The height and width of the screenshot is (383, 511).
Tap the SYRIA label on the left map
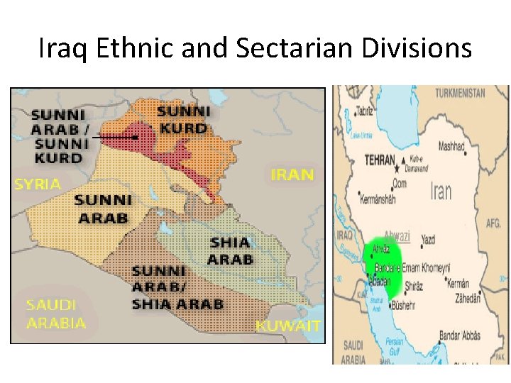click(38, 184)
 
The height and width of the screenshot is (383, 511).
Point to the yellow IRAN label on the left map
click(292, 174)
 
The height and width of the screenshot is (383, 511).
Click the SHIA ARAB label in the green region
click(231, 251)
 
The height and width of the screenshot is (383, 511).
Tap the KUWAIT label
click(288, 326)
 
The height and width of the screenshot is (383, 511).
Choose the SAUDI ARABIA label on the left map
click(55, 313)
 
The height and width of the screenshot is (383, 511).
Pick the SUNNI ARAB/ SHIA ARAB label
click(177, 287)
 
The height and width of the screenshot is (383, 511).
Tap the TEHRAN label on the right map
click(379, 160)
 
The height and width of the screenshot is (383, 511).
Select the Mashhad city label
click(451, 147)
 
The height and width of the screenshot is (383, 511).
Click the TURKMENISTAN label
click(460, 93)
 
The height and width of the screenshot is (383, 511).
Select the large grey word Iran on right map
click(441, 190)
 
